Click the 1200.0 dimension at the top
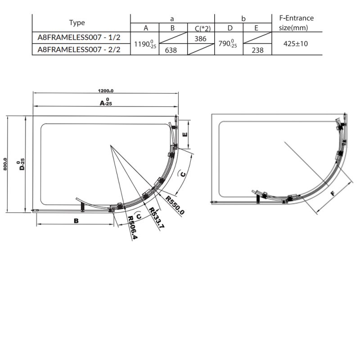(104, 89)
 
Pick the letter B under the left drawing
(76, 220)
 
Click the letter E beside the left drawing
(184, 135)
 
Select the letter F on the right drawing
(332, 194)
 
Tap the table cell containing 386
(200, 39)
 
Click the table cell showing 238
(257, 50)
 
